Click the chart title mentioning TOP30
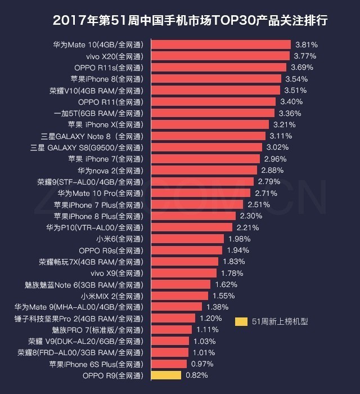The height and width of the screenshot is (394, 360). coord(190,20)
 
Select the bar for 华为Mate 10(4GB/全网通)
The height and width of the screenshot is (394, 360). coord(220,44)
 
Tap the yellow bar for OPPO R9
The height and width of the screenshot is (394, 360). coord(165,375)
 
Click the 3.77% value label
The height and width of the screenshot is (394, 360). coord(305,56)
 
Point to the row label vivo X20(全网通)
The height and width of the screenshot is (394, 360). coord(114,56)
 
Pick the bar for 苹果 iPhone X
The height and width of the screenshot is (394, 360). coord(209,124)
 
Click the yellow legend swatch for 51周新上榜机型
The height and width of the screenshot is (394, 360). coord(241,322)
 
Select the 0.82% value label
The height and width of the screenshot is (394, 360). coord(196,375)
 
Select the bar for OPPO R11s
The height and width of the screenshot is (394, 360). coord(218,67)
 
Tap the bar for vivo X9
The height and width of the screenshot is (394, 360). coord(183,273)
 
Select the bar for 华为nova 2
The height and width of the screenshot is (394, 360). coord(204,170)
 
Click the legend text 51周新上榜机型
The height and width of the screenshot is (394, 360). coord(280,322)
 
